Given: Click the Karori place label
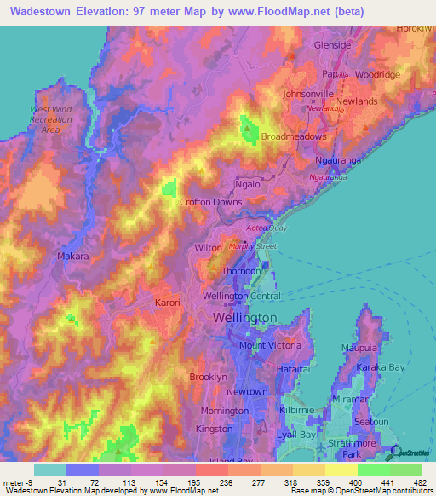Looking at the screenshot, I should (x=168, y=303).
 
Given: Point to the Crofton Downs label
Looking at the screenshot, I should (x=211, y=202).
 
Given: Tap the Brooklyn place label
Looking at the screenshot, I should (x=208, y=376).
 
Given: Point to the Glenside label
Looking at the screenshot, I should (x=332, y=45).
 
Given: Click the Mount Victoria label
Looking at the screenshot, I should (x=270, y=345).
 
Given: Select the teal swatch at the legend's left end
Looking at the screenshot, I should (x=49, y=469).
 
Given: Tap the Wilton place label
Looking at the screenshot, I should (x=209, y=247).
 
